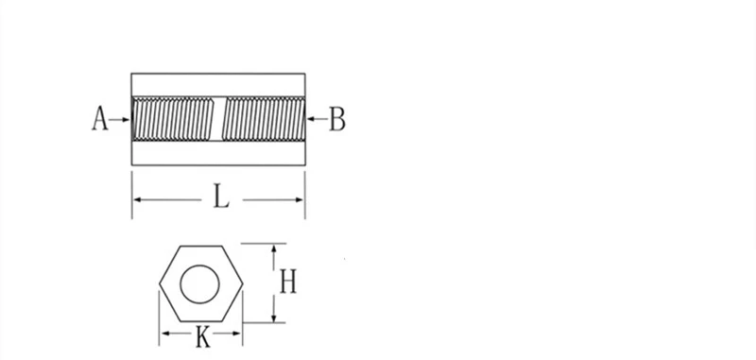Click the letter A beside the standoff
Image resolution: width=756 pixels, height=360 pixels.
pyautogui.click(x=99, y=120)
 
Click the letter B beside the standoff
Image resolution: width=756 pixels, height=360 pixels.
pyautogui.click(x=336, y=120)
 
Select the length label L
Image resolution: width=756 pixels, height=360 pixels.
pyautogui.click(x=219, y=197)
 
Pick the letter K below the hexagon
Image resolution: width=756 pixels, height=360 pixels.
pyautogui.click(x=202, y=337)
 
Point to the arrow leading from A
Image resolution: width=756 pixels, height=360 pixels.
pyautogui.click(x=120, y=120)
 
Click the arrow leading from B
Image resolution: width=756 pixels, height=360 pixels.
pyautogui.click(x=316, y=120)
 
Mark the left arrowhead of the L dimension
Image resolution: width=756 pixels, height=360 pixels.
pyautogui.click(x=138, y=199)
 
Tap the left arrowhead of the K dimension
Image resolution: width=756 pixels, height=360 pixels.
pyautogui.click(x=163, y=334)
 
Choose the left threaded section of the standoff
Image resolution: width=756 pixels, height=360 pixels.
pyautogui.click(x=173, y=120)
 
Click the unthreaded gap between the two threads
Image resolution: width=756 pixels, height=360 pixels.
pyautogui.click(x=218, y=120)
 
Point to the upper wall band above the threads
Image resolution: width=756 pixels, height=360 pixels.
pyautogui.click(x=218, y=84)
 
